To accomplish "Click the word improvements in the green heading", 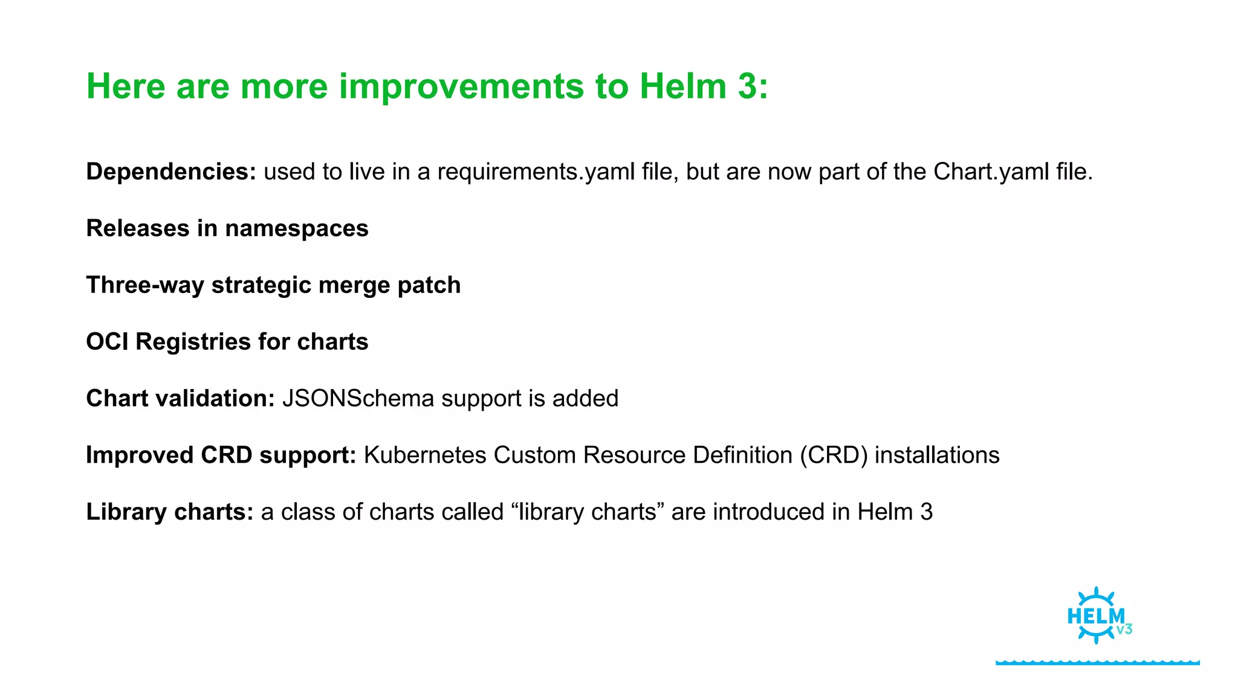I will (x=462, y=86).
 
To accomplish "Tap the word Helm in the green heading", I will (x=682, y=86).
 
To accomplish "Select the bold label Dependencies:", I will (x=171, y=172).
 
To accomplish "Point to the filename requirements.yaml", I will (x=536, y=172).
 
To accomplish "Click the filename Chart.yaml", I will (x=991, y=172).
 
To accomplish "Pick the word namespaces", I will (x=296, y=229).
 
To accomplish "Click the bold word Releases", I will (x=138, y=229).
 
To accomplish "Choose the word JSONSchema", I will (x=358, y=399).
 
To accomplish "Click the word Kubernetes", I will (x=425, y=456).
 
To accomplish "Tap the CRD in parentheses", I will (x=834, y=456).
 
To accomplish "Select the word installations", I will (x=937, y=456).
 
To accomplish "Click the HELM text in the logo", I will (x=1095, y=617).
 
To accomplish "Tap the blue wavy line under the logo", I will (x=1097, y=662).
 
